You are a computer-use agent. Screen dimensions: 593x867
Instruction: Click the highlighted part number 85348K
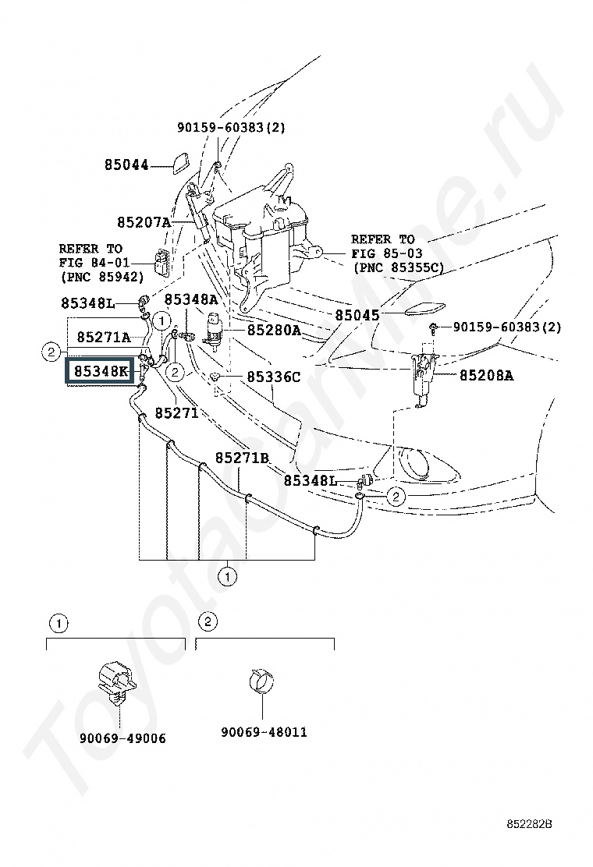click(101, 371)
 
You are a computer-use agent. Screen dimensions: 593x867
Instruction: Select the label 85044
click(126, 165)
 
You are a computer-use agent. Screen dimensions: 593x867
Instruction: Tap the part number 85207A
click(144, 222)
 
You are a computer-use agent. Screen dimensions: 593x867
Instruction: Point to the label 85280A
click(274, 330)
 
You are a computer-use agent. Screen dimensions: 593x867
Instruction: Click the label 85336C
click(273, 377)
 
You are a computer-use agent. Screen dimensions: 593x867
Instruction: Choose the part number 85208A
click(486, 376)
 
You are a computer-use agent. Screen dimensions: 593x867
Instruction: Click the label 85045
click(357, 315)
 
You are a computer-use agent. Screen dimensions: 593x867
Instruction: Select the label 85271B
click(243, 458)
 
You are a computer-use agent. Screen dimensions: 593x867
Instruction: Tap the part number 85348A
click(191, 299)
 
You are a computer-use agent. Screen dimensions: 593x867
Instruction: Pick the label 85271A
click(104, 337)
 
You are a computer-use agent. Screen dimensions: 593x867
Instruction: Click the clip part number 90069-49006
click(123, 738)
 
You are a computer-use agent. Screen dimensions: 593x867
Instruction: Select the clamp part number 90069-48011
click(264, 732)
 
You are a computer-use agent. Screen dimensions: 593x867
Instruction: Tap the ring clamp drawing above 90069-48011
click(261, 681)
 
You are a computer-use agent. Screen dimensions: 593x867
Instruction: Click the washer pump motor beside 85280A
click(214, 330)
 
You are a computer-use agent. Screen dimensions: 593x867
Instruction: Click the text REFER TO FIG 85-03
click(387, 246)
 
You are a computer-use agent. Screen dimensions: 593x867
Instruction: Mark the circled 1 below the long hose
click(227, 577)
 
